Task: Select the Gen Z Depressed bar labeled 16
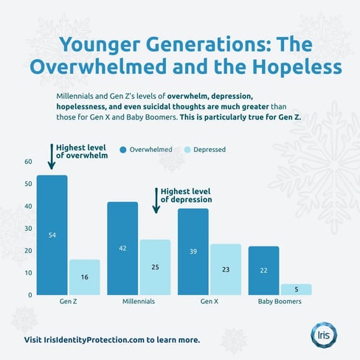(84, 277)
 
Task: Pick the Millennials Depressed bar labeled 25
(155, 266)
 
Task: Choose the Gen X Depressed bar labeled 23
(225, 269)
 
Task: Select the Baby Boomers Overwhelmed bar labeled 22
(263, 270)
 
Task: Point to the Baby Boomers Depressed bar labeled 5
(296, 289)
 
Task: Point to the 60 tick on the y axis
(28, 162)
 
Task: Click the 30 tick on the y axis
(28, 228)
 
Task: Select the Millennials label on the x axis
(139, 302)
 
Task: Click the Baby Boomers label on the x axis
(280, 302)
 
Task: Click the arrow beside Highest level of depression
(156, 201)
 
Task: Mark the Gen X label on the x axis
(210, 302)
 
